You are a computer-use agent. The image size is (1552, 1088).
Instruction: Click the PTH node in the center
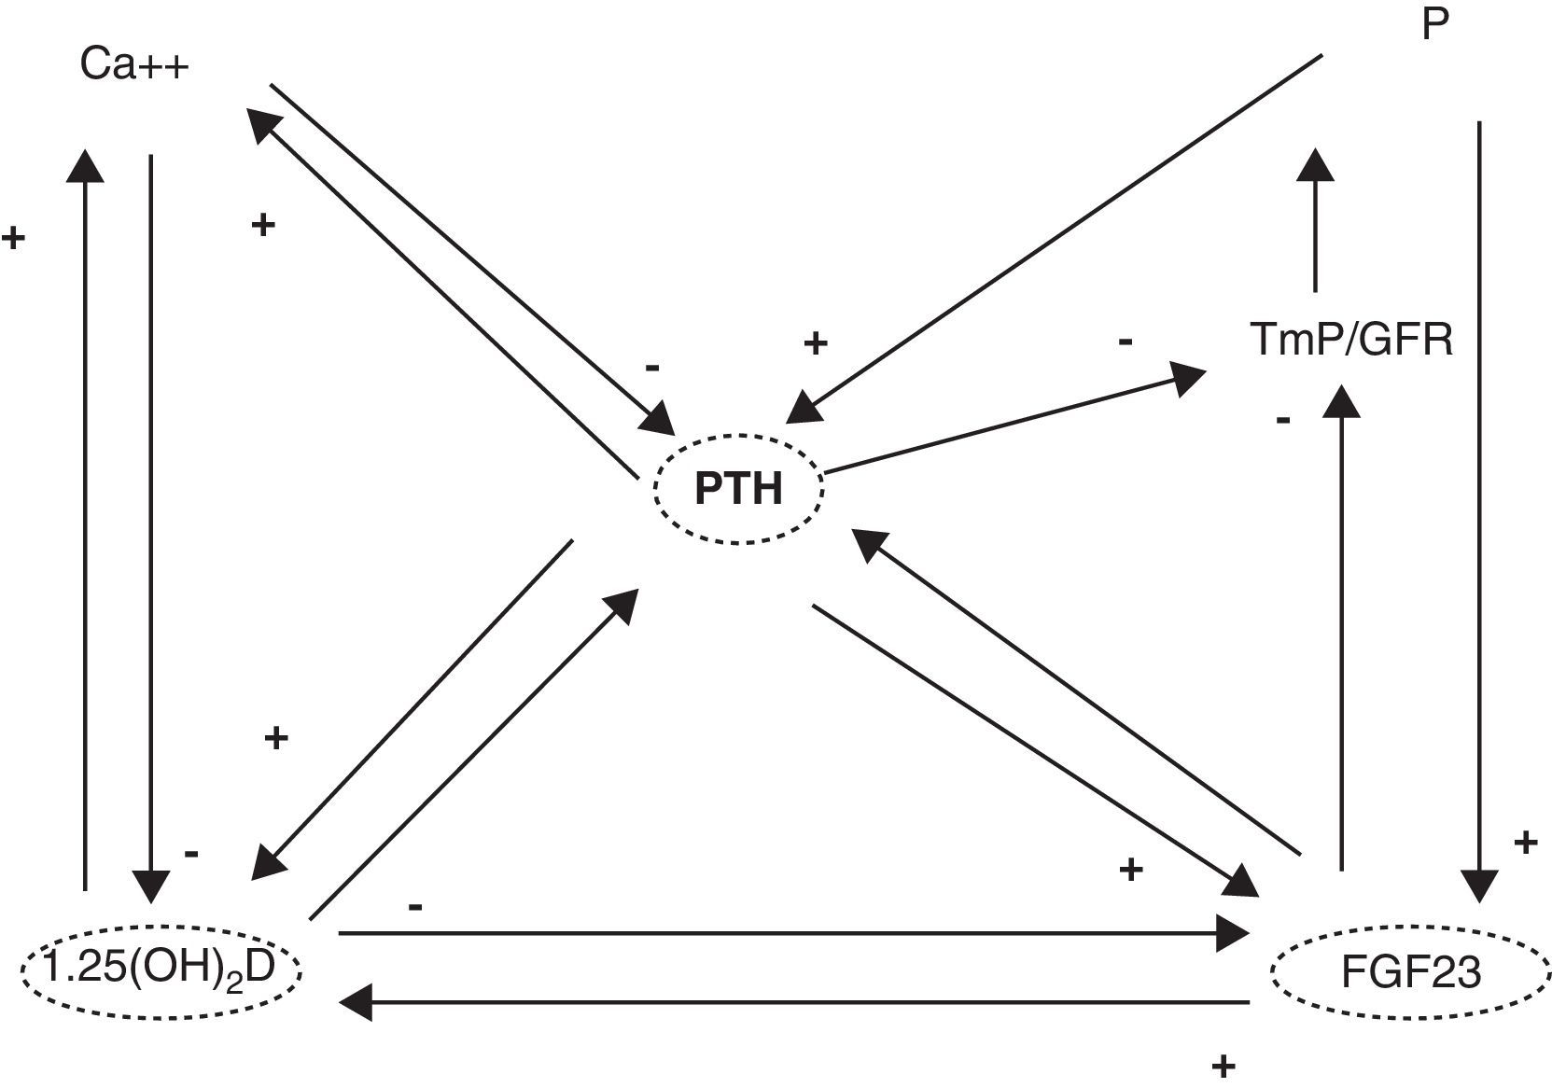click(738, 488)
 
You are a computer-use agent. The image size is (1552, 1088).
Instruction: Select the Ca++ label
click(134, 65)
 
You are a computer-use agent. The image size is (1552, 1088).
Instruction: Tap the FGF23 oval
click(1410, 973)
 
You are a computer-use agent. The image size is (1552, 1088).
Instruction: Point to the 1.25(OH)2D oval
click(161, 969)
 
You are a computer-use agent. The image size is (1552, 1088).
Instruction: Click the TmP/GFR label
click(1351, 340)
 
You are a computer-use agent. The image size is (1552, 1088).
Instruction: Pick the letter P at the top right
click(1434, 25)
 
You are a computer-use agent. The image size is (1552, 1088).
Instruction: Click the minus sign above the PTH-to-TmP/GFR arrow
click(1126, 342)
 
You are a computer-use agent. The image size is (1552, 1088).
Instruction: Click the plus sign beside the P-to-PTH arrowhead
click(816, 343)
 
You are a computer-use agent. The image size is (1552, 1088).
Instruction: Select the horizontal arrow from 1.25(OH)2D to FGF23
click(793, 932)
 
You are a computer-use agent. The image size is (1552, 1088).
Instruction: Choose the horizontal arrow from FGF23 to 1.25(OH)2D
click(793, 1003)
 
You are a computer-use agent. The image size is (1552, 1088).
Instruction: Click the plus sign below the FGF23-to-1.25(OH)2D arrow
click(1223, 1066)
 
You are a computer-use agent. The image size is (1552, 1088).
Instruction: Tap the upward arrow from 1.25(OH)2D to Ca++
click(86, 523)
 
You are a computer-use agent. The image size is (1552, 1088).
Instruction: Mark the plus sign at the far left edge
click(13, 238)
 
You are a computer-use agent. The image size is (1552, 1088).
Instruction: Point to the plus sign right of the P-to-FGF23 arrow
click(1525, 844)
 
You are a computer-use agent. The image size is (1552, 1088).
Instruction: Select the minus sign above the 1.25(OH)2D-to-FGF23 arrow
click(416, 906)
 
